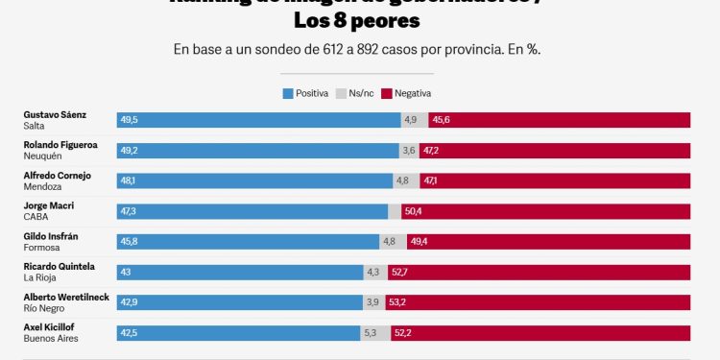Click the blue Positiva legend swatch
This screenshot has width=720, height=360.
288,93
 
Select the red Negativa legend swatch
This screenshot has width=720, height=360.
387,93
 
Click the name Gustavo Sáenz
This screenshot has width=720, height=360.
55,114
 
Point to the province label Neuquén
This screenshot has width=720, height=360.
42,156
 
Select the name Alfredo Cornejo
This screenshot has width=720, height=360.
59,175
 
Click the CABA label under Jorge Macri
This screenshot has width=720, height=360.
36,217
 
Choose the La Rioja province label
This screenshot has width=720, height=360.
40,277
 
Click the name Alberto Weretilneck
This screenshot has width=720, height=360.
66,297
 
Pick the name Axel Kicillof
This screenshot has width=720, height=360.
51,327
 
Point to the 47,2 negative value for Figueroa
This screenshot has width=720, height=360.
431,151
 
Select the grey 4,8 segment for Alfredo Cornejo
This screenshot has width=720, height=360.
402,180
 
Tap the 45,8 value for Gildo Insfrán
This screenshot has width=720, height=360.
130,242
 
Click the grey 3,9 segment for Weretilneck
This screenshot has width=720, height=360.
372,302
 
